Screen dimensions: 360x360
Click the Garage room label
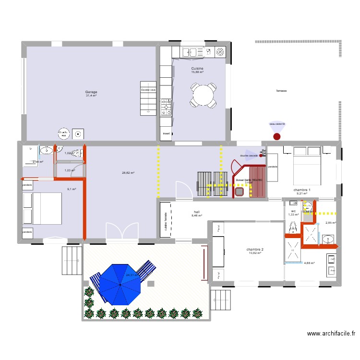coord(91,92)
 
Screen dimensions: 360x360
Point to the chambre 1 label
coord(302,190)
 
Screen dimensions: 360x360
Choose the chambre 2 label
coord(255,250)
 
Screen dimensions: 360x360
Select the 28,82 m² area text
coord(128,173)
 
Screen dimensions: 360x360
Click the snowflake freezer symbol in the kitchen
coord(221,51)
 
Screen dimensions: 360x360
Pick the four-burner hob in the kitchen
coord(167,107)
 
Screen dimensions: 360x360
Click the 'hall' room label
coord(197,212)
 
